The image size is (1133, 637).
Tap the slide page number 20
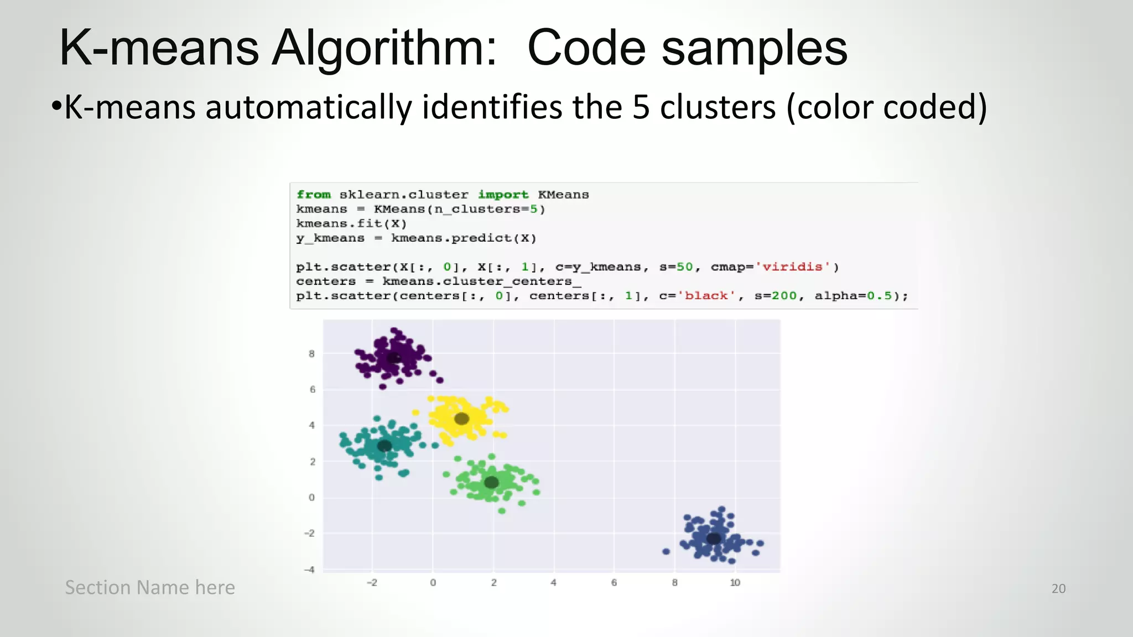point(1058,588)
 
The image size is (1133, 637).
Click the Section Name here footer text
point(150,587)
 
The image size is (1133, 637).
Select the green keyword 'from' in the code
point(313,195)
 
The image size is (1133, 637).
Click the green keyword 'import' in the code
point(503,195)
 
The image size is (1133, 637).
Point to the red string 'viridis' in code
point(792,267)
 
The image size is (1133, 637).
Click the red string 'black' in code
point(706,296)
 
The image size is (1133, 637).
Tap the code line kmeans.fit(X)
point(351,223)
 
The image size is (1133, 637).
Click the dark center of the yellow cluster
point(461,419)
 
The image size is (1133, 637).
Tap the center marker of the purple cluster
point(393,358)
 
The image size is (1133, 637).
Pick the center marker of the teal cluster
point(384,445)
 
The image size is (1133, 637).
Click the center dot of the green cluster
point(491,482)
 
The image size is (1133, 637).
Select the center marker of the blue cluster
point(714,538)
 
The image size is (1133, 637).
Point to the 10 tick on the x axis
point(735,583)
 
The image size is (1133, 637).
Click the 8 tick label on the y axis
point(311,354)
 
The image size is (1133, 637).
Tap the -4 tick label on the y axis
point(310,570)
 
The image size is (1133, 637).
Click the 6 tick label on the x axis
point(614,583)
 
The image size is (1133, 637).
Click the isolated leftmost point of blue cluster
point(666,551)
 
